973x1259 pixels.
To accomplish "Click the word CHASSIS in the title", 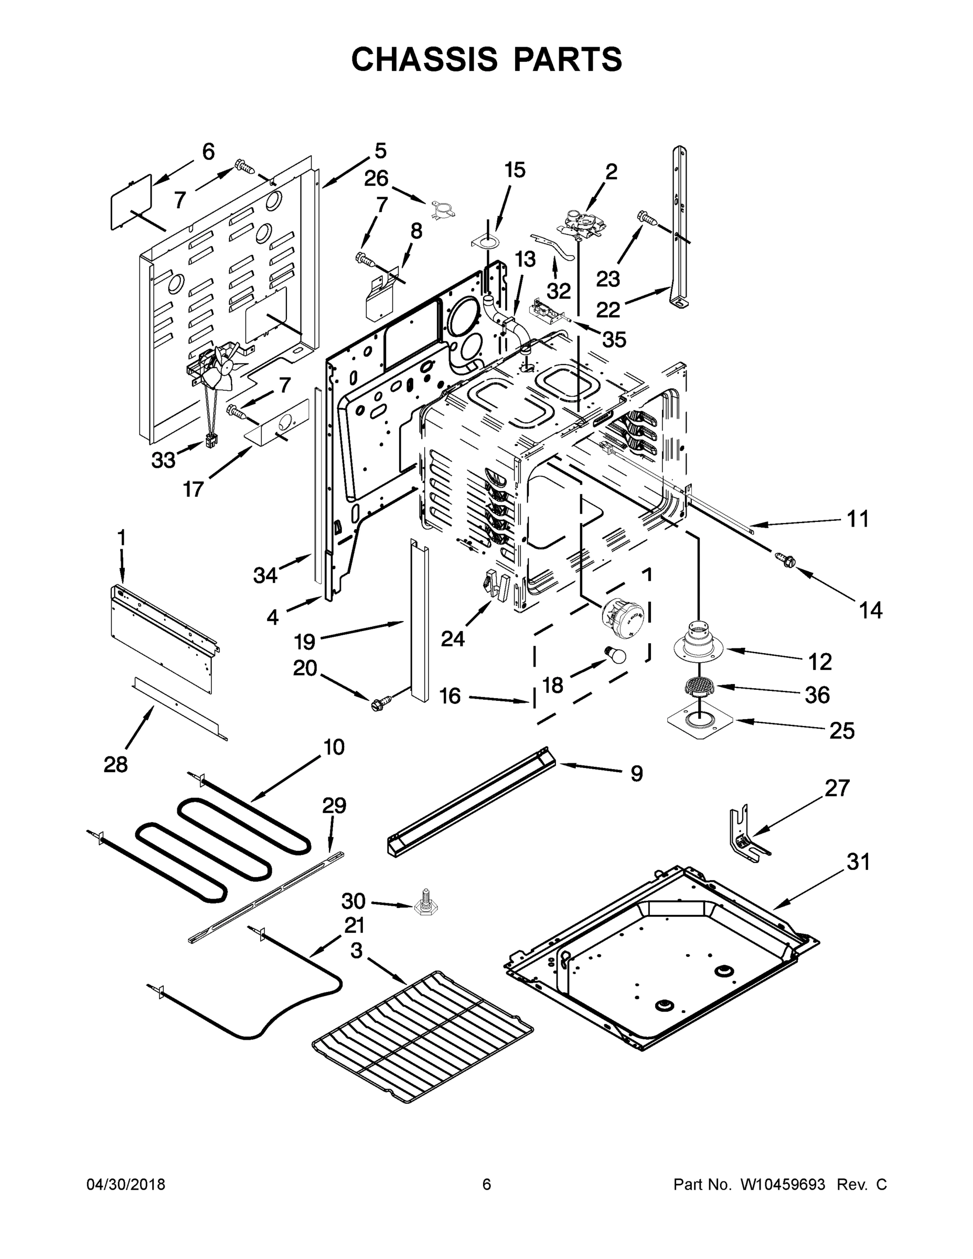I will pyautogui.click(x=424, y=59).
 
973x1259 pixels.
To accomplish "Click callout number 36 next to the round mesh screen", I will pyautogui.click(x=817, y=695).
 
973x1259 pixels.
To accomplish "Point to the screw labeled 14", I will pyautogui.click(x=784, y=558).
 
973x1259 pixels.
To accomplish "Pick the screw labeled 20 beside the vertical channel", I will pyautogui.click(x=380, y=702).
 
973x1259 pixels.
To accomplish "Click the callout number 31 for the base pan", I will pyautogui.click(x=858, y=862).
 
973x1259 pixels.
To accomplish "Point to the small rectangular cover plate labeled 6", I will pyautogui.click(x=132, y=203).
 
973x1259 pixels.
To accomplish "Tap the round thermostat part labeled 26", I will pyautogui.click(x=442, y=210).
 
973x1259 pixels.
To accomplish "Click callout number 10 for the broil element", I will pyautogui.click(x=334, y=747).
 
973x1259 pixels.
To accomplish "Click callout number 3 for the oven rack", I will pyautogui.click(x=356, y=951).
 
